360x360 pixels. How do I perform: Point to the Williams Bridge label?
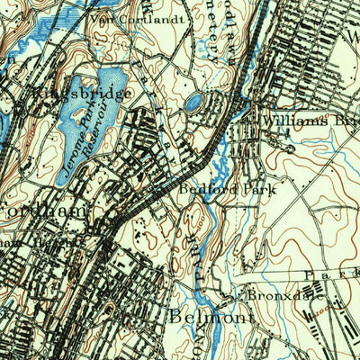click(307, 119)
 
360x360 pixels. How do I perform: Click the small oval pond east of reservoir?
click(193, 103)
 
